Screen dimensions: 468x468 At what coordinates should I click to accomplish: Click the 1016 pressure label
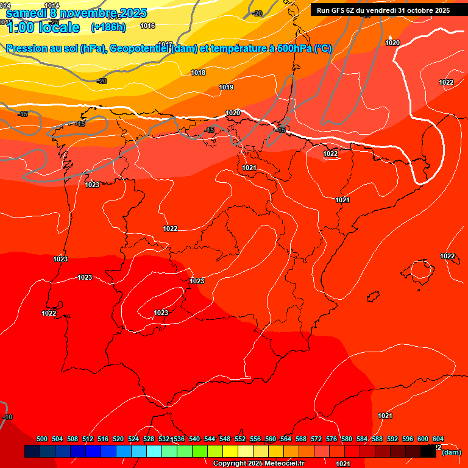[147, 26]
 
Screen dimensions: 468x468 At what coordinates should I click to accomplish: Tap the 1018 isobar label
[198, 73]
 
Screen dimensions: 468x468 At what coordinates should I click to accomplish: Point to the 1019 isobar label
[226, 87]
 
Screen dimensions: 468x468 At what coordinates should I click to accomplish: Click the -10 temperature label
[7, 417]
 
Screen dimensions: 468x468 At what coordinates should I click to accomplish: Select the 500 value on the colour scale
[42, 439]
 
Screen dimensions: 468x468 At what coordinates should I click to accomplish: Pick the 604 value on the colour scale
[438, 439]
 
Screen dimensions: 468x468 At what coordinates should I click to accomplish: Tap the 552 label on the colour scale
[240, 439]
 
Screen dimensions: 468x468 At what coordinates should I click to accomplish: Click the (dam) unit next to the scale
[451, 452]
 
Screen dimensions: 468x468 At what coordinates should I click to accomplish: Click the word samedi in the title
[26, 12]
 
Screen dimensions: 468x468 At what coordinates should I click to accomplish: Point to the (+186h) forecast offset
[108, 27]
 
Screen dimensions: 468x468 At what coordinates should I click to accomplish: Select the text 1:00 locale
[43, 27]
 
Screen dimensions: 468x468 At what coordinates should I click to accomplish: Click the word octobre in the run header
[422, 10]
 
